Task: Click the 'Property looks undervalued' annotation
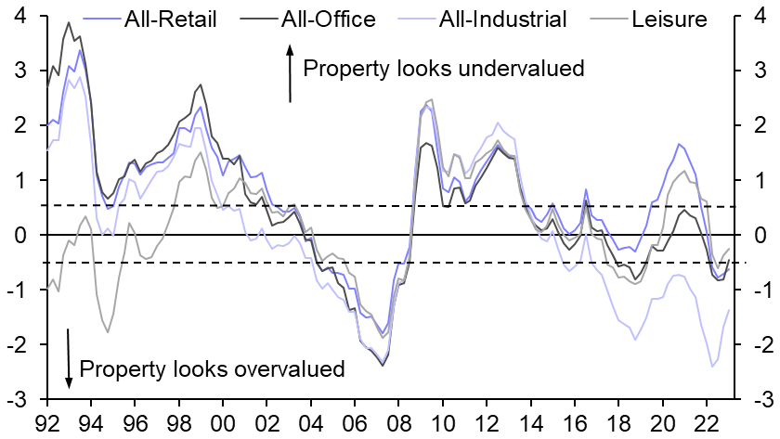tap(443, 68)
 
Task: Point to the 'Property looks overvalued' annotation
tap(213, 368)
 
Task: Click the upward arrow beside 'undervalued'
tap(289, 78)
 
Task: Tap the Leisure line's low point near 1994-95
tap(108, 332)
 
